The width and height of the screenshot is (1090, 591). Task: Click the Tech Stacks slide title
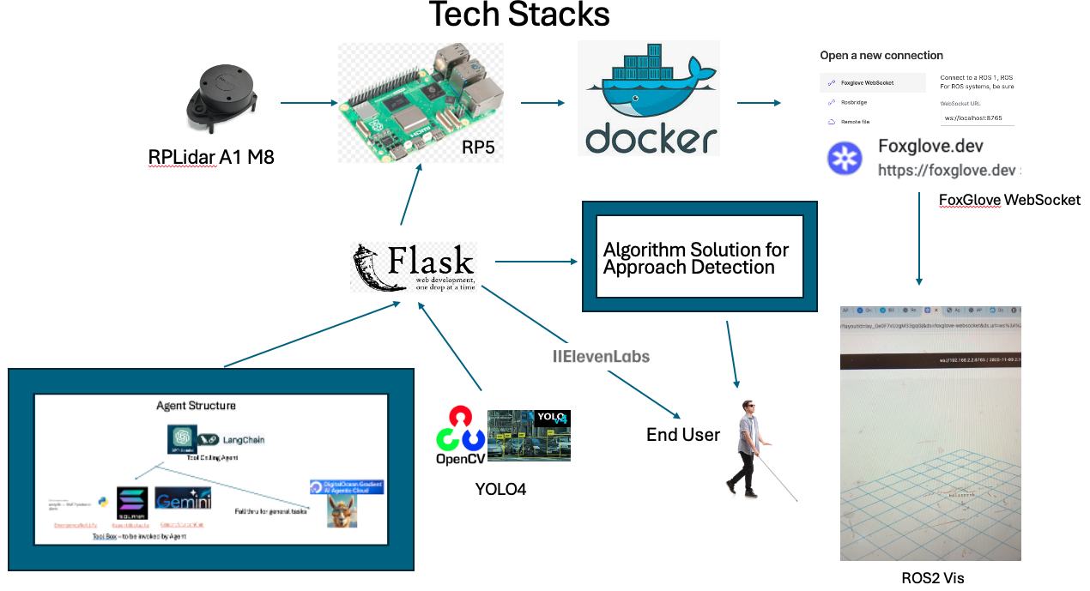pyautogui.click(x=518, y=15)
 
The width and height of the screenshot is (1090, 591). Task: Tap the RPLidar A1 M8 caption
pyautogui.click(x=211, y=157)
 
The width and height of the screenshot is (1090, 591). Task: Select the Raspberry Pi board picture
pyautogui.click(x=421, y=100)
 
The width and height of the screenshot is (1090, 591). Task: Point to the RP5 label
pyautogui.click(x=478, y=147)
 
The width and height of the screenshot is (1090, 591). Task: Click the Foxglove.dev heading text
pyautogui.click(x=930, y=146)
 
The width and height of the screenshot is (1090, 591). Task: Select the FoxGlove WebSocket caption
pyautogui.click(x=1009, y=200)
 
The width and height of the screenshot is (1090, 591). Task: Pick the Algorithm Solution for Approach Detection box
pyautogui.click(x=699, y=257)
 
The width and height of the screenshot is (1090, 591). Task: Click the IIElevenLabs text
pyautogui.click(x=600, y=355)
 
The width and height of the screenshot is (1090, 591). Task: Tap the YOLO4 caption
pyautogui.click(x=500, y=490)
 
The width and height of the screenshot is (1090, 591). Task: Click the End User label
pyautogui.click(x=682, y=435)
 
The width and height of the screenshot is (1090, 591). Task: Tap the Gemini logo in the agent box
pyautogui.click(x=183, y=499)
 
